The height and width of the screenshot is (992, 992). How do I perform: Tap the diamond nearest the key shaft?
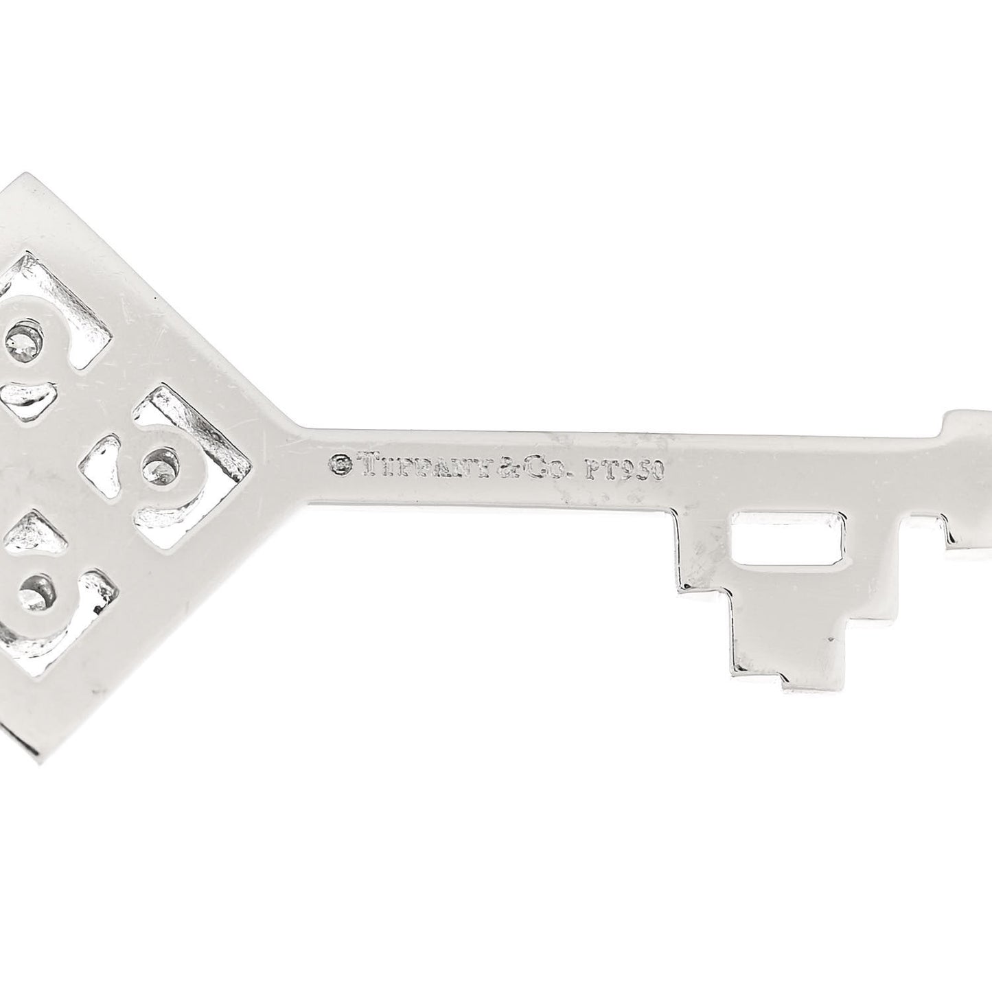click(158, 467)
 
